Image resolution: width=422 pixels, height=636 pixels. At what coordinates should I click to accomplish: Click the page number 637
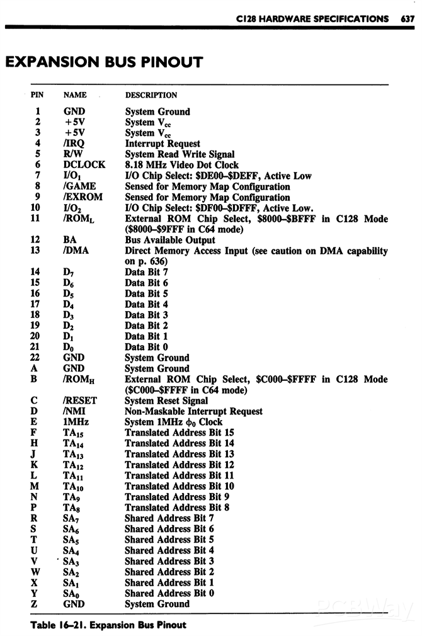407,18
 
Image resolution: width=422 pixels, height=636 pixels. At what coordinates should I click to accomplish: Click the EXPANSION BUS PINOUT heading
104,62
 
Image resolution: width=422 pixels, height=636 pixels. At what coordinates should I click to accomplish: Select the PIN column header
38,95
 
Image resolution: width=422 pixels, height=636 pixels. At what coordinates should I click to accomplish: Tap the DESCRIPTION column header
151,95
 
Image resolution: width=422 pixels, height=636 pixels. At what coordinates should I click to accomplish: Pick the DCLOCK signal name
84,165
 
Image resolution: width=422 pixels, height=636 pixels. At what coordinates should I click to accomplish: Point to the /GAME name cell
79,186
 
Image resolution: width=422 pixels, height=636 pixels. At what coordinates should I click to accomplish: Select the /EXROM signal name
83,197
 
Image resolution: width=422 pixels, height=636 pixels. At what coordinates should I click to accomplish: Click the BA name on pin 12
70,240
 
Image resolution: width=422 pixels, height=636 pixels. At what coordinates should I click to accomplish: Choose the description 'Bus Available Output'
170,240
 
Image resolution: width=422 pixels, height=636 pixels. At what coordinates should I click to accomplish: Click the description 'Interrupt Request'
163,144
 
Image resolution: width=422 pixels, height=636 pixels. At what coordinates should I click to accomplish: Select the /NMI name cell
75,411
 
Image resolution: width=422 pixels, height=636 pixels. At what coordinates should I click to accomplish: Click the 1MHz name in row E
76,422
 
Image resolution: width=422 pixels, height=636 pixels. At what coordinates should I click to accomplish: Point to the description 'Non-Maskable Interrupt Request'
194,411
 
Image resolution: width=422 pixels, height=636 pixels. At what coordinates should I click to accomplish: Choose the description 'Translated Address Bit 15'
180,433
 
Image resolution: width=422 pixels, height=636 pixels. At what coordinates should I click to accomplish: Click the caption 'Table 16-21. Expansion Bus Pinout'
108,625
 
